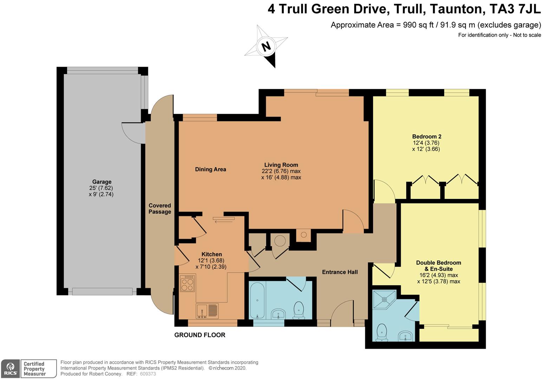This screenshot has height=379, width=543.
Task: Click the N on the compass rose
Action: click(x=266, y=46)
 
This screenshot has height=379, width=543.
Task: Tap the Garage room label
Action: click(x=102, y=182)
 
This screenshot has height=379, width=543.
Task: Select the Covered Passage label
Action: click(x=160, y=208)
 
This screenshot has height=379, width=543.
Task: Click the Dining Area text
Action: click(x=210, y=169)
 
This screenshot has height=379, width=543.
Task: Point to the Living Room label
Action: click(x=281, y=165)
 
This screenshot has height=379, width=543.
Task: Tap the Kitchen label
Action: click(x=212, y=254)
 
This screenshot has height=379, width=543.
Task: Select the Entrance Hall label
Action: click(x=340, y=272)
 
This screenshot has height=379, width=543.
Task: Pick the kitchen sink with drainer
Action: click(x=207, y=311)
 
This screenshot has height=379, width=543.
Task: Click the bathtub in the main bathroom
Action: click(x=257, y=300)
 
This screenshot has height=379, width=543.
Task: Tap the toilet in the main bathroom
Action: click(x=299, y=310)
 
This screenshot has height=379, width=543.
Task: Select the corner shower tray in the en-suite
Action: click(x=384, y=300)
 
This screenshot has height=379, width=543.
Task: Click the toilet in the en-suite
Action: click(x=382, y=332)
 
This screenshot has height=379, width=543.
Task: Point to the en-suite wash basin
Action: click(x=405, y=336)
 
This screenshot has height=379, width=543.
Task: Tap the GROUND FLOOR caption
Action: click(x=200, y=335)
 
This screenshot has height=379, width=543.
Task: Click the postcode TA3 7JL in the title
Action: click(x=515, y=9)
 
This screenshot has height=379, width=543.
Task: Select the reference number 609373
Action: click(x=148, y=374)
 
